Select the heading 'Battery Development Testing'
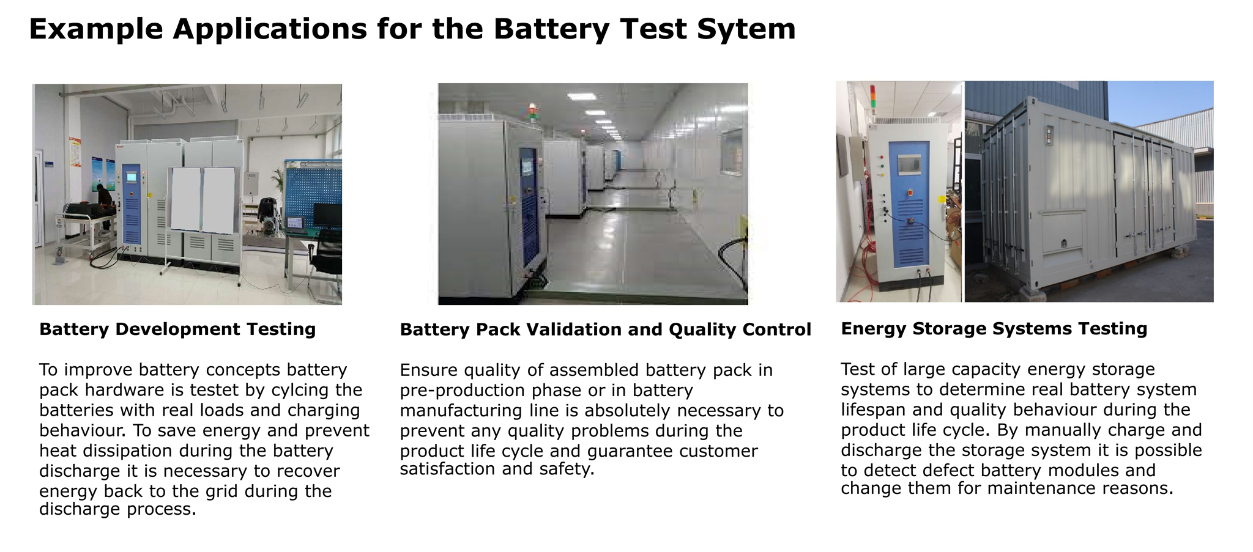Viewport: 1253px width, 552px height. point(177,329)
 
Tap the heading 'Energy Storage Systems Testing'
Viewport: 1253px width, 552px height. point(994,329)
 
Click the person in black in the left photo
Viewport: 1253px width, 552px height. point(104,205)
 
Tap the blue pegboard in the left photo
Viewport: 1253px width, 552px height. point(313,193)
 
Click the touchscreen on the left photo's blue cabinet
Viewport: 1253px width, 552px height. point(132,177)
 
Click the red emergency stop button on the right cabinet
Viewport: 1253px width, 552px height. point(910,193)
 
